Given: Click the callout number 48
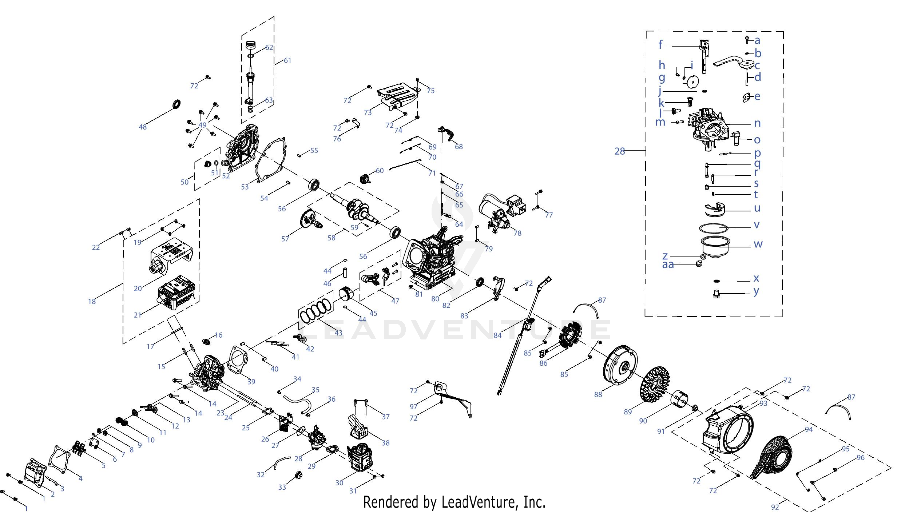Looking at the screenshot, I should coord(143,127).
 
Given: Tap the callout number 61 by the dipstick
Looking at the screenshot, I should coord(287,60).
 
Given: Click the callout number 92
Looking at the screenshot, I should coord(775,507).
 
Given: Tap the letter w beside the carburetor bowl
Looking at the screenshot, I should coord(758,244).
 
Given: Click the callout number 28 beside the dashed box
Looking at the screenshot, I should coord(619,151).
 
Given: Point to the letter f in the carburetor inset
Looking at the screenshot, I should coord(660,45).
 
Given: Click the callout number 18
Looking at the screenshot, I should coord(92,301).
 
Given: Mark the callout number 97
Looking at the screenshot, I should coord(413,407).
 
